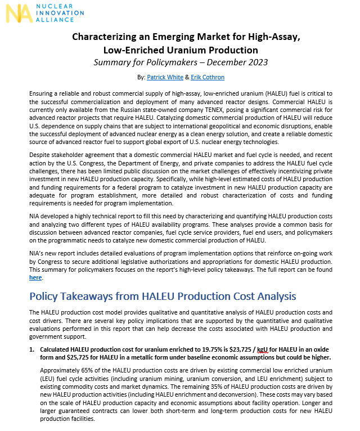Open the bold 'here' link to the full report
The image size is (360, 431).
tap(35, 277)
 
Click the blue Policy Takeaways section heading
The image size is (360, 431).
tap(166, 296)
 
